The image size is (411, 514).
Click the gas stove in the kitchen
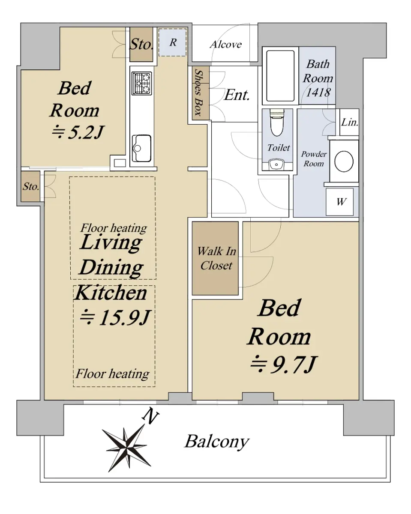pyautogui.click(x=141, y=84)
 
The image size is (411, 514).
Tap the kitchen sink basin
pyautogui.click(x=141, y=148)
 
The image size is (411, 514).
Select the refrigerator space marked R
pyautogui.click(x=172, y=42)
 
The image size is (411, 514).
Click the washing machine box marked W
pyautogui.click(x=339, y=202)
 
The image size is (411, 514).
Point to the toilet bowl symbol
pyautogui.click(x=277, y=123)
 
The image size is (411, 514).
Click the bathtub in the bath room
pyautogui.click(x=280, y=76)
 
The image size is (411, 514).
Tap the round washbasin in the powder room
pyautogui.click(x=344, y=161)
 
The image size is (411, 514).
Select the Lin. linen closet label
pyautogui.click(x=350, y=123)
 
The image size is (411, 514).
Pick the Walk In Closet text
pyautogui.click(x=216, y=258)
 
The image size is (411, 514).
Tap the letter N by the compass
pyautogui.click(x=150, y=415)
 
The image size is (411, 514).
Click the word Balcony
pyautogui.click(x=217, y=442)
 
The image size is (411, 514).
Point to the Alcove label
pyautogui.click(x=226, y=45)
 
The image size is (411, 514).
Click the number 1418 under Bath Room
pyautogui.click(x=318, y=92)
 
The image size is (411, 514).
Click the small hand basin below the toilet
pyautogui.click(x=276, y=164)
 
